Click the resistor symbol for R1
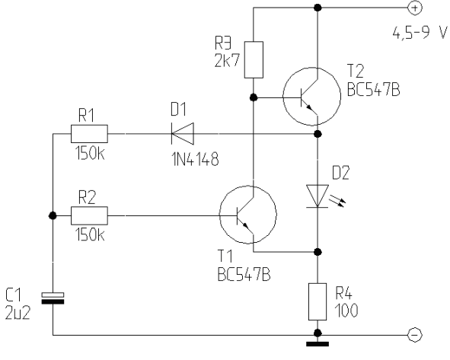point(89,134)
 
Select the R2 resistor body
point(89,215)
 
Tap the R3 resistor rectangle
point(254,59)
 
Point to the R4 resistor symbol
point(318,301)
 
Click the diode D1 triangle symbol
point(183,134)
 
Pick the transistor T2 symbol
point(311,97)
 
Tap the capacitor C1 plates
point(53,298)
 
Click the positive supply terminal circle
point(415,8)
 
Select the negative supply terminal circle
point(415,334)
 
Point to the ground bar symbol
point(318,344)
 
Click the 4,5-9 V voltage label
point(420,33)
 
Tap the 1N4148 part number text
point(196,159)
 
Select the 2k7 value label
point(227,61)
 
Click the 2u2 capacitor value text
point(18,313)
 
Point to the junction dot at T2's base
point(254,98)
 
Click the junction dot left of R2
point(53,215)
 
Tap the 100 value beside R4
point(346,311)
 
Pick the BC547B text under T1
point(244,275)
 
